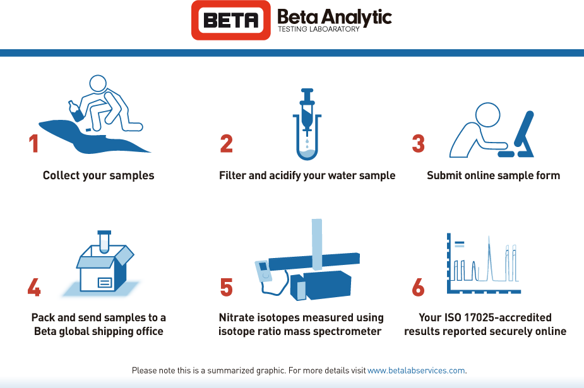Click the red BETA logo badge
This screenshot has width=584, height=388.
(232, 20)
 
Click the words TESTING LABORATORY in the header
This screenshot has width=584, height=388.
(318, 29)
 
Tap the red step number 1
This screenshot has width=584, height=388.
(33, 143)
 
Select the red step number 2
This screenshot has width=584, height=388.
(227, 143)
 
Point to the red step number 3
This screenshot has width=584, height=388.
(418, 143)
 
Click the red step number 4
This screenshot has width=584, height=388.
(34, 287)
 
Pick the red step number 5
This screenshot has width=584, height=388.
(227, 287)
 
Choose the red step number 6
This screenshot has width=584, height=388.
(418, 287)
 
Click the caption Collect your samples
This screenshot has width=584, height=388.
(98, 175)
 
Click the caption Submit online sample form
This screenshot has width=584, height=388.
(493, 175)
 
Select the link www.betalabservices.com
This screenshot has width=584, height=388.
(416, 370)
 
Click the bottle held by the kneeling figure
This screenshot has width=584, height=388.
(75, 111)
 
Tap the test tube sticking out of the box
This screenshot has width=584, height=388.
(104, 240)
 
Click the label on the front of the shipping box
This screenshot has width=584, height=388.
(104, 281)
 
